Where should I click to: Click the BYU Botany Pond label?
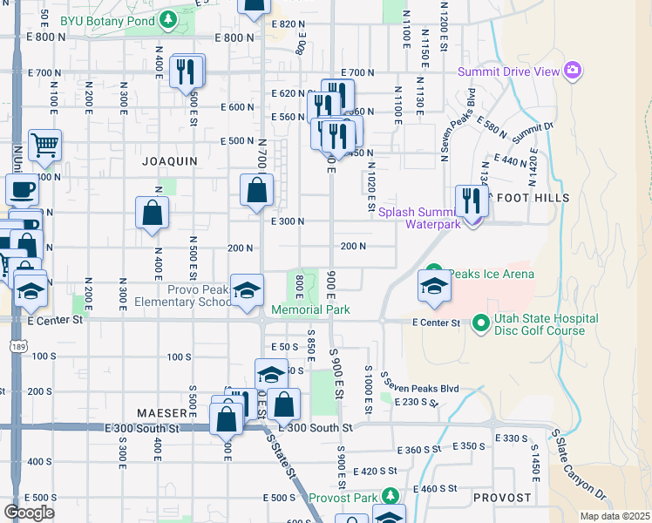pos(127,19)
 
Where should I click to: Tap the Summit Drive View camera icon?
pos(573,70)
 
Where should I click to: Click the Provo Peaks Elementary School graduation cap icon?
pos(247,289)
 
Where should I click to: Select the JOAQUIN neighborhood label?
pos(170,161)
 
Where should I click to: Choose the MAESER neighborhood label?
pos(161,411)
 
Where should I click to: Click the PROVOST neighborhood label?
pos(502,498)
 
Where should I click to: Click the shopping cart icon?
pos(44,144)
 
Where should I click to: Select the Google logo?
pos(29,512)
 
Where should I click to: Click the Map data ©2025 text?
pos(615,516)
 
